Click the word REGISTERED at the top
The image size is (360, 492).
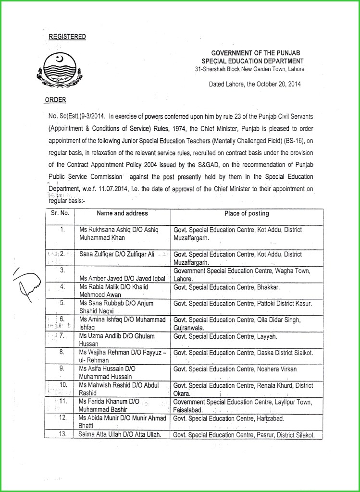[x=67, y=37]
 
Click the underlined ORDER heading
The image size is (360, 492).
[x=55, y=100]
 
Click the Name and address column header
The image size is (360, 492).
[x=122, y=213]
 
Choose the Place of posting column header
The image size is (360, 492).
[x=247, y=213]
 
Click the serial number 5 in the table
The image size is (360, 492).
[x=62, y=303]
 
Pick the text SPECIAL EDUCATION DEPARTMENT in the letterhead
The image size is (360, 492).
[x=252, y=61]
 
